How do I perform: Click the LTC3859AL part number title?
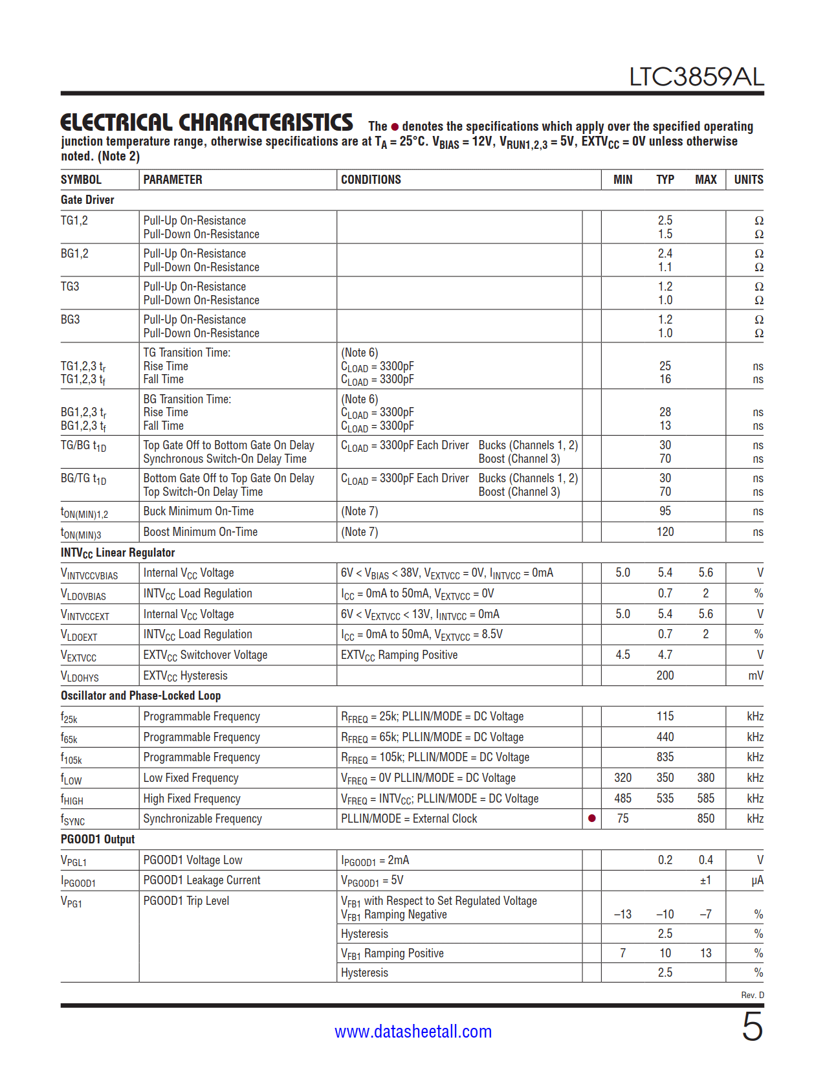(696, 77)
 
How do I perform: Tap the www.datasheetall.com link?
(413, 1031)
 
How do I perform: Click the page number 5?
(752, 1027)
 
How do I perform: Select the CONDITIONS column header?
(371, 180)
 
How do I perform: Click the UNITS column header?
(748, 180)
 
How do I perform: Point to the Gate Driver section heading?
(87, 200)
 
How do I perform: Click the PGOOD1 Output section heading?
(98, 840)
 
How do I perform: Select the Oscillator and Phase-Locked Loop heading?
(140, 696)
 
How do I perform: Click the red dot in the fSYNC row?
(591, 819)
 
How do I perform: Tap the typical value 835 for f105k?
(665, 757)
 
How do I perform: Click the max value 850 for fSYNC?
(705, 819)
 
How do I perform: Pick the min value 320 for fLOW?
(622, 778)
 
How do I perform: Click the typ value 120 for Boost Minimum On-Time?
(665, 532)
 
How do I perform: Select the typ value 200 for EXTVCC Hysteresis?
(665, 676)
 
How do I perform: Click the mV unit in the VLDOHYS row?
(755, 676)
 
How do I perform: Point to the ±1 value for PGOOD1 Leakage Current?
(705, 880)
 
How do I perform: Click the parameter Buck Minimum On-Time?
(198, 511)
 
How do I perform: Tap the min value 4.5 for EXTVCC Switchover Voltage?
(622, 655)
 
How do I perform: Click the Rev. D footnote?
(752, 995)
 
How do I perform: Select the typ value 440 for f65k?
(665, 737)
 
